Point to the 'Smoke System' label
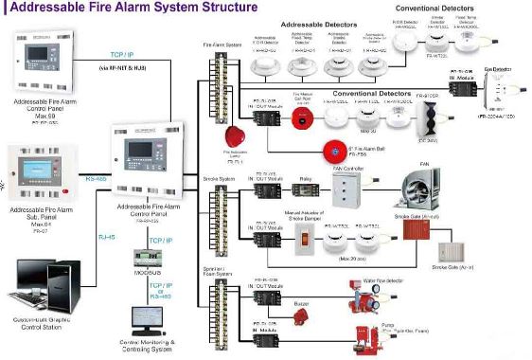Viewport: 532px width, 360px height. point(219,177)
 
